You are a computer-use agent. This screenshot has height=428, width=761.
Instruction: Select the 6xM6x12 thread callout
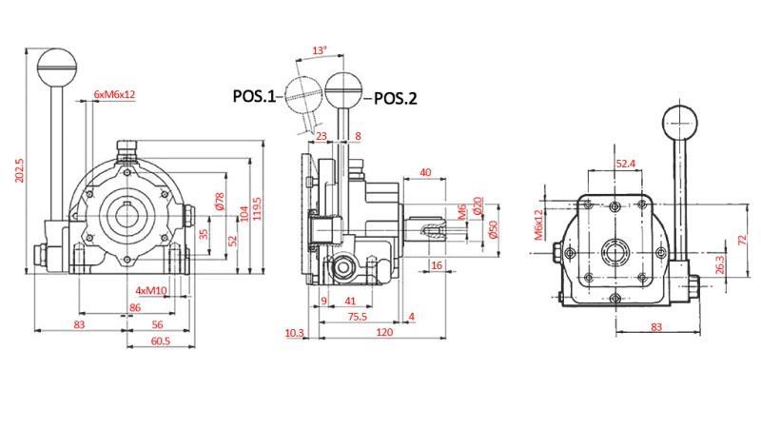click(x=114, y=95)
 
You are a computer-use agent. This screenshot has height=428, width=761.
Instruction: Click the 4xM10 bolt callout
click(x=151, y=290)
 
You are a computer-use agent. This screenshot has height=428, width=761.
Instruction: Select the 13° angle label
click(x=319, y=49)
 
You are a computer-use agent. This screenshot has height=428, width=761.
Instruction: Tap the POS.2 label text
click(x=395, y=96)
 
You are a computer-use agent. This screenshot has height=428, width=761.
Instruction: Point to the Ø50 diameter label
click(x=494, y=229)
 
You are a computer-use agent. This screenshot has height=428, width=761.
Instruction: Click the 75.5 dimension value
click(x=357, y=317)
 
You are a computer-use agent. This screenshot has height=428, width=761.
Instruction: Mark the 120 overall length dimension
click(x=383, y=333)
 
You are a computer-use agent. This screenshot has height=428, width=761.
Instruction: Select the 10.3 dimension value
click(x=294, y=333)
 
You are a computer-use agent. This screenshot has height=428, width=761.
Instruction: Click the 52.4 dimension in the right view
click(x=626, y=164)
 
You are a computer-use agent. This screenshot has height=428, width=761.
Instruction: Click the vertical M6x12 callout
click(x=539, y=225)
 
